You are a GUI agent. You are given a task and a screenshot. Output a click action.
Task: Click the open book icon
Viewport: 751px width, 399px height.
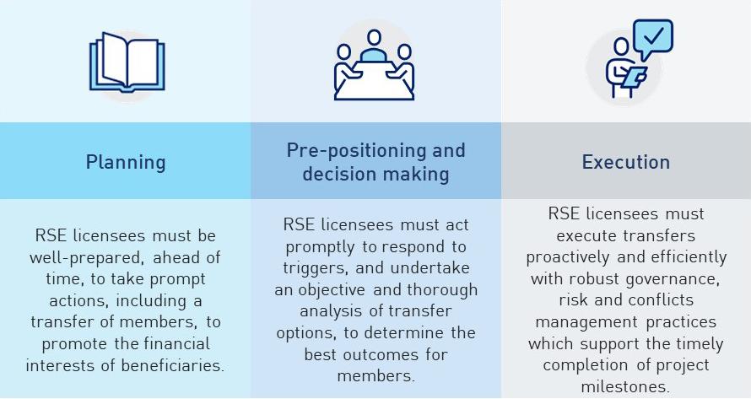(127, 62)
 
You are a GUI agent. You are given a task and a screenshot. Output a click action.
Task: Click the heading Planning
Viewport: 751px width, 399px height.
(125, 162)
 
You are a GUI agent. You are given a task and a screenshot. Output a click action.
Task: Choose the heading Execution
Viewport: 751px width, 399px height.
(626, 162)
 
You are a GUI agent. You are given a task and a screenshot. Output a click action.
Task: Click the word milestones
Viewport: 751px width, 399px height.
(625, 387)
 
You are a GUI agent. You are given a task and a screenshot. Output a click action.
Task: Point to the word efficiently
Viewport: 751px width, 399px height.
(683, 256)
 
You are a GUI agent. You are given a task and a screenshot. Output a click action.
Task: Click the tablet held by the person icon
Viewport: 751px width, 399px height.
(634, 76)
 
